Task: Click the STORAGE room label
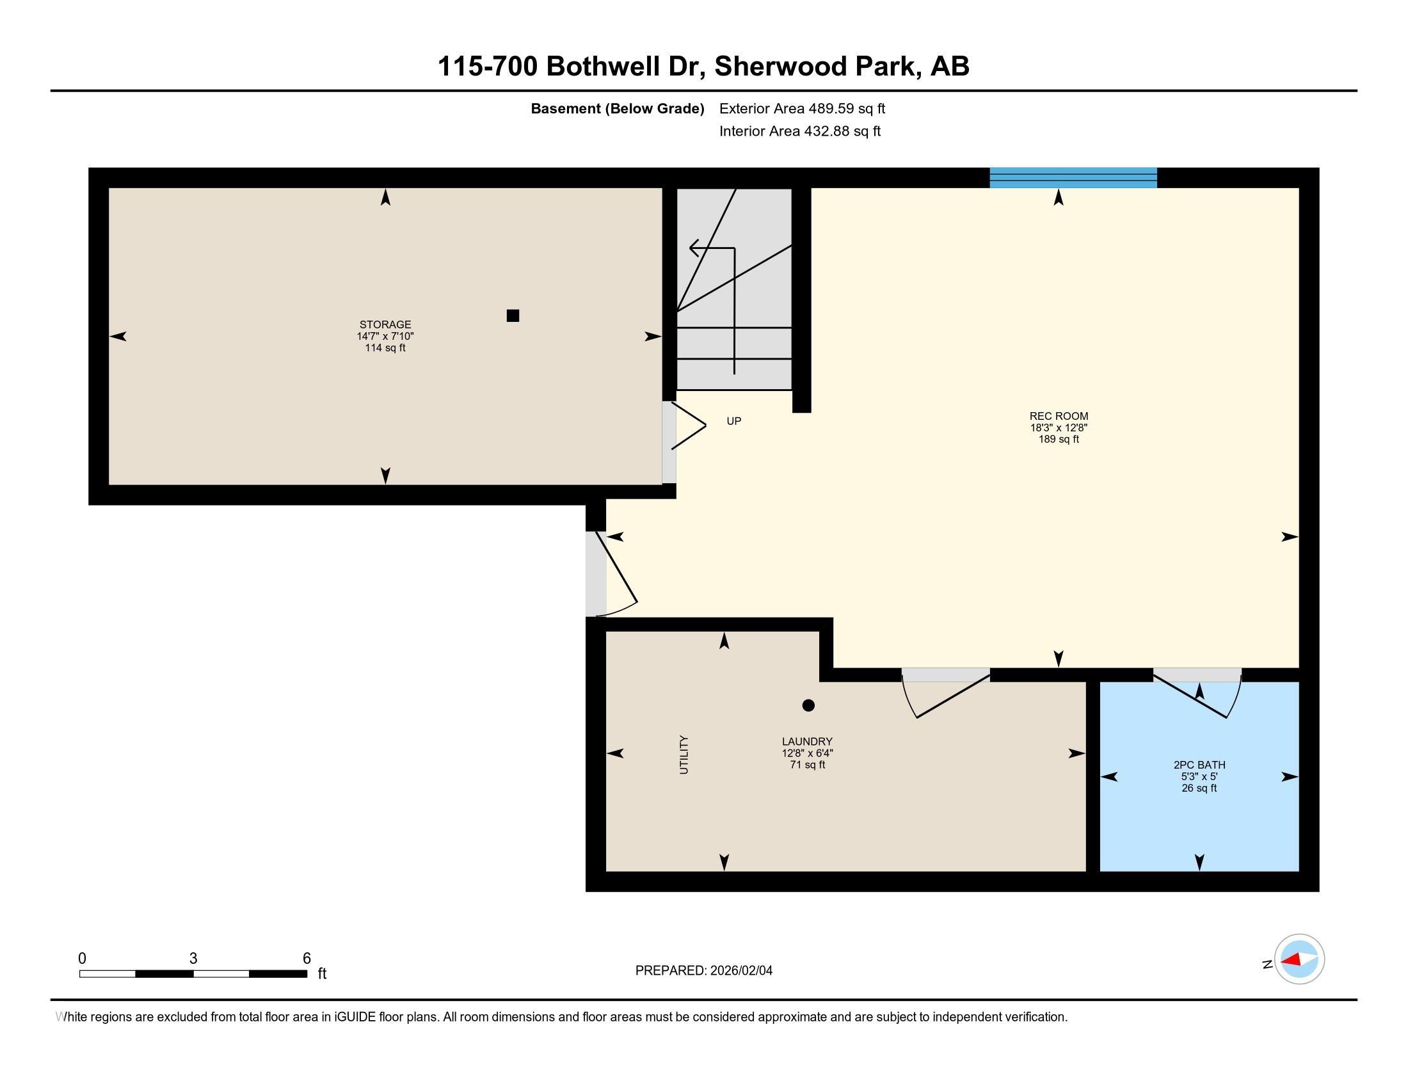(385, 324)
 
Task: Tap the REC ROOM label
(1058, 416)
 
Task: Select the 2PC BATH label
(1199, 764)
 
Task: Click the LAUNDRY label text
(806, 741)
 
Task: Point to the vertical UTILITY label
(684, 754)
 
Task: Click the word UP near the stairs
(733, 421)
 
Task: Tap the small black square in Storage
(513, 315)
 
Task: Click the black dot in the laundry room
(808, 705)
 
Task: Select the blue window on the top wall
(1073, 177)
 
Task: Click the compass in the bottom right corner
(1299, 959)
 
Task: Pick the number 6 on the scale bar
(307, 959)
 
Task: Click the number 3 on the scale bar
(193, 959)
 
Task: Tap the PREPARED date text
(703, 971)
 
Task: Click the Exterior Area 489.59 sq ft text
(802, 108)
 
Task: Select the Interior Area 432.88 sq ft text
(799, 131)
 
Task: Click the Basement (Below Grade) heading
(617, 108)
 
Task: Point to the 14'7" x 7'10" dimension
(385, 336)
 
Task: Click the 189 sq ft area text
(1058, 439)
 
